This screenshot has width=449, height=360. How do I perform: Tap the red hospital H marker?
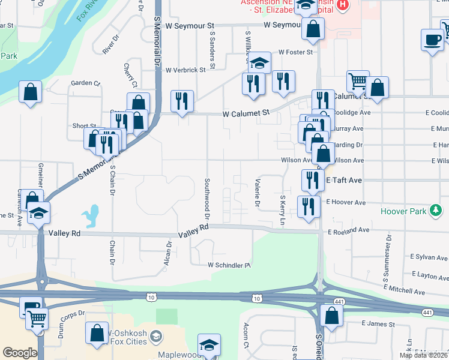(343, 5)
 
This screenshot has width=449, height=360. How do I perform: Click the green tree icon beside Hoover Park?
(436, 211)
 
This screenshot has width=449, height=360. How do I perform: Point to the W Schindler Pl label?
(229, 265)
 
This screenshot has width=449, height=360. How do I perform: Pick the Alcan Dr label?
(169, 253)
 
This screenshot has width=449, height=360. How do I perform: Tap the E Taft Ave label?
(344, 180)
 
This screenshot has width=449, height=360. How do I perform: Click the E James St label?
(378, 323)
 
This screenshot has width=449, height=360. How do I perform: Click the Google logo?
(20, 353)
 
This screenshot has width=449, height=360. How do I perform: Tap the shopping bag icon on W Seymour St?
(313, 29)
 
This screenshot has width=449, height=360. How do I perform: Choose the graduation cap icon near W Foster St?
(259, 62)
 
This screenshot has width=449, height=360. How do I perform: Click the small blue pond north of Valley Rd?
(91, 216)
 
